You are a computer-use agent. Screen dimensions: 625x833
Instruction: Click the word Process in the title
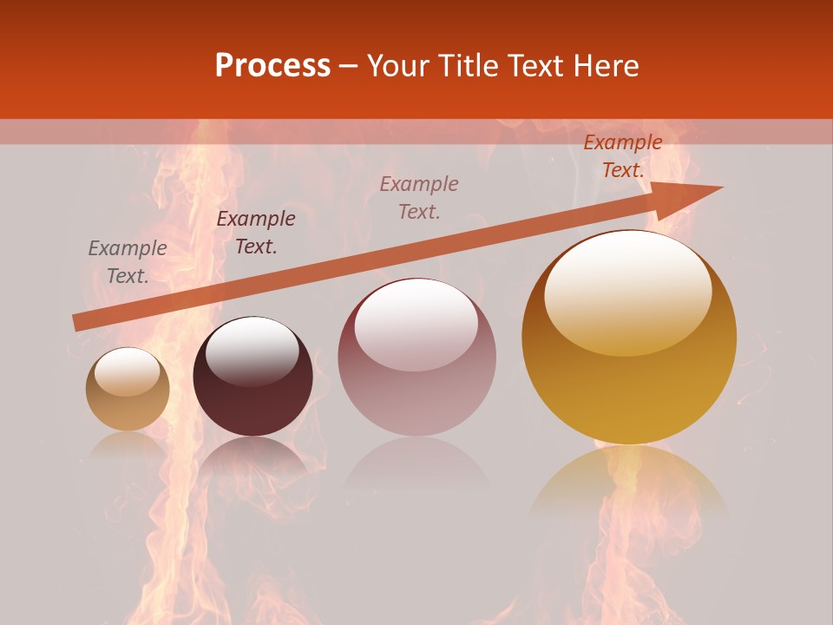pyautogui.click(x=272, y=66)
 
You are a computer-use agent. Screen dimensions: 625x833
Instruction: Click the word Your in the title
pyautogui.click(x=397, y=66)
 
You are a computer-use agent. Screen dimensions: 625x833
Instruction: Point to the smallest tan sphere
pyautogui.click(x=128, y=390)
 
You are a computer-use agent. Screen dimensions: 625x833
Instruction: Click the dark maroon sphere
pyautogui.click(x=253, y=377)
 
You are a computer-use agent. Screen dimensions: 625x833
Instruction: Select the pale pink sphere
pyautogui.click(x=416, y=357)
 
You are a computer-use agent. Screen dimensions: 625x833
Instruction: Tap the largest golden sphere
pyautogui.click(x=629, y=337)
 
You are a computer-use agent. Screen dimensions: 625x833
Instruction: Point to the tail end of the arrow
pyautogui.click(x=78, y=322)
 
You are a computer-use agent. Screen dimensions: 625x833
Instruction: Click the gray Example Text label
pyautogui.click(x=128, y=262)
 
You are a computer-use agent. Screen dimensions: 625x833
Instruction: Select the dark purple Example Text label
pyautogui.click(x=255, y=233)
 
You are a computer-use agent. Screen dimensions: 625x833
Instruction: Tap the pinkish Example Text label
pyautogui.click(x=419, y=198)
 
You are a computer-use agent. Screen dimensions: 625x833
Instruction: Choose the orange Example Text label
pyautogui.click(x=622, y=156)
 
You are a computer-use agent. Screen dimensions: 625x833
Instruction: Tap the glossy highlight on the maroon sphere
pyautogui.click(x=252, y=350)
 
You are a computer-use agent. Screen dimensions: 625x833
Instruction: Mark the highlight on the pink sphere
pyautogui.click(x=416, y=325)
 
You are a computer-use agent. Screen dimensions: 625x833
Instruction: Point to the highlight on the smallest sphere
pyautogui.click(x=127, y=372)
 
